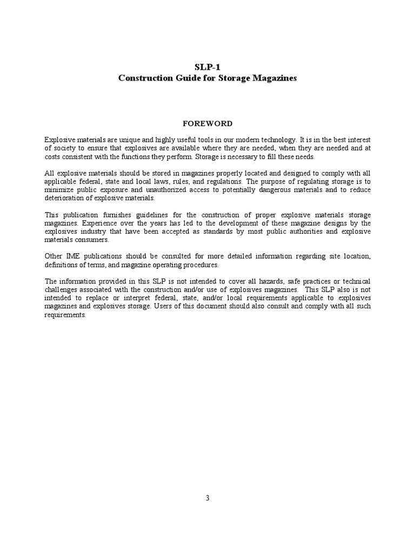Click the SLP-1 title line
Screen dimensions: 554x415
pyautogui.click(x=207, y=68)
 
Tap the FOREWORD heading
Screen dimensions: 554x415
pyautogui.click(x=207, y=123)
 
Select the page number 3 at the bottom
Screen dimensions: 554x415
pyautogui.click(x=207, y=498)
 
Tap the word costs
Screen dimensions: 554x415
pyautogui.click(x=54, y=156)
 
